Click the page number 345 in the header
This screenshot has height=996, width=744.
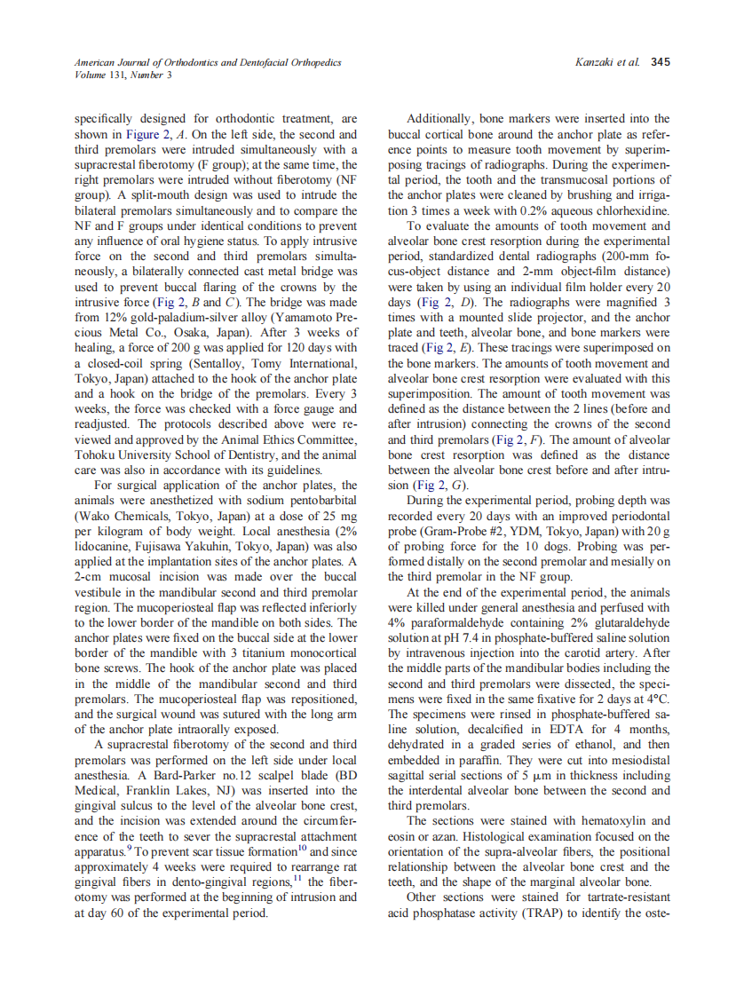tap(660, 62)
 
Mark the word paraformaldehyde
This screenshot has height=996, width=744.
tap(462, 621)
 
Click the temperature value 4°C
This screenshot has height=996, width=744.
tap(654, 698)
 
